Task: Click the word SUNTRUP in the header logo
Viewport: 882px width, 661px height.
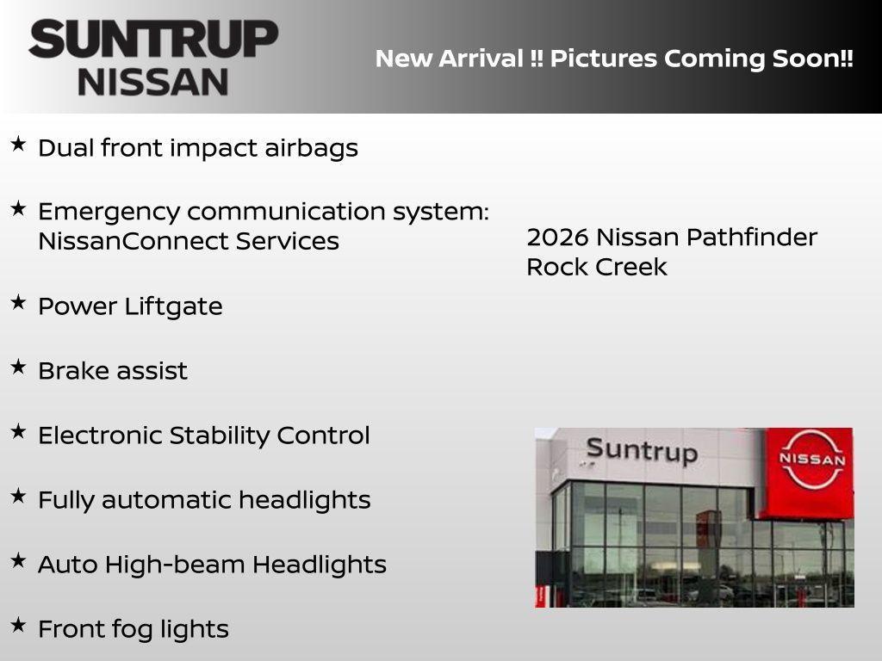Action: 153,40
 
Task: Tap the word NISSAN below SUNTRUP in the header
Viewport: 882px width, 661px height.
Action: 153,81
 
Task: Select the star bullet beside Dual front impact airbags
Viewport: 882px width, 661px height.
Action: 18,144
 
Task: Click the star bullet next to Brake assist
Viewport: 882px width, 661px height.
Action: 18,367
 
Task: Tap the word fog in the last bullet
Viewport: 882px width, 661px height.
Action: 134,629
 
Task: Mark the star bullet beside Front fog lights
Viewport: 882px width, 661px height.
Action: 18,625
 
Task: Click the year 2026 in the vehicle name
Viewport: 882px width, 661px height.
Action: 557,237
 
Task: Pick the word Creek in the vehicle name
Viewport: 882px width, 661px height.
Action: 633,267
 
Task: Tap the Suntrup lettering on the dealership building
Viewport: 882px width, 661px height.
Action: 641,450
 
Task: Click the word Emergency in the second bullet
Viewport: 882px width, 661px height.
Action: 109,212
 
